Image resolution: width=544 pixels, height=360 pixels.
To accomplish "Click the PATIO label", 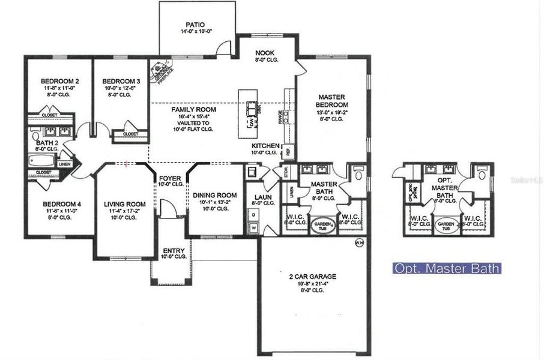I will pyautogui.click(x=192, y=25).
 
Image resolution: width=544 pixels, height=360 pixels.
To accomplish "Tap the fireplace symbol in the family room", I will pyautogui.click(x=160, y=69).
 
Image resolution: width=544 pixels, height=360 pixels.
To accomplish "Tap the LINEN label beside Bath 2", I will pyautogui.click(x=64, y=163).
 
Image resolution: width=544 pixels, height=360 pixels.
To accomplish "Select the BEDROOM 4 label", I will pyautogui.click(x=58, y=204).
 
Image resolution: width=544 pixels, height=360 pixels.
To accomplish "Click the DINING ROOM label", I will pyautogui.click(x=214, y=195).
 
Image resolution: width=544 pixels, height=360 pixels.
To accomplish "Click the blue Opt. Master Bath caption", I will pyautogui.click(x=446, y=268).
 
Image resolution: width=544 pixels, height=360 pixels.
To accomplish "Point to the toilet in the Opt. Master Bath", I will pyautogui.click(x=482, y=173).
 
